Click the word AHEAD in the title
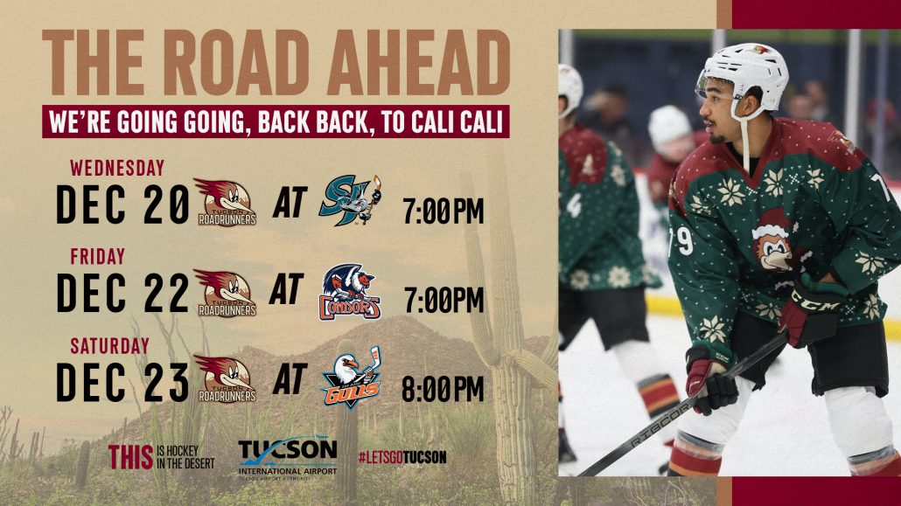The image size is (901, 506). click(418, 63)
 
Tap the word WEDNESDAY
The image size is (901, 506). click(117, 169)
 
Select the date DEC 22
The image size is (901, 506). click(123, 293)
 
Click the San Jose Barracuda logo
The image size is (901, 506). click(350, 200)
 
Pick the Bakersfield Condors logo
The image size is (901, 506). click(350, 292)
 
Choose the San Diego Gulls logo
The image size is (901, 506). click(351, 376)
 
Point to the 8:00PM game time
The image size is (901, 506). click(443, 389)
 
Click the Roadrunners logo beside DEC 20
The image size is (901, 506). click(226, 202)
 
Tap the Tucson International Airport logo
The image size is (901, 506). click(287, 458)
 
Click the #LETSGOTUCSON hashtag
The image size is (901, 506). click(402, 457)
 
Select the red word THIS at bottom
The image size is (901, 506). click(130, 457)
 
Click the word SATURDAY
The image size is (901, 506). click(109, 346)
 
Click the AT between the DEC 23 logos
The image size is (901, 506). click(290, 379)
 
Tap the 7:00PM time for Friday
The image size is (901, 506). click(444, 300)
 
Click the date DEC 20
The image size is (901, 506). click(123, 204)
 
